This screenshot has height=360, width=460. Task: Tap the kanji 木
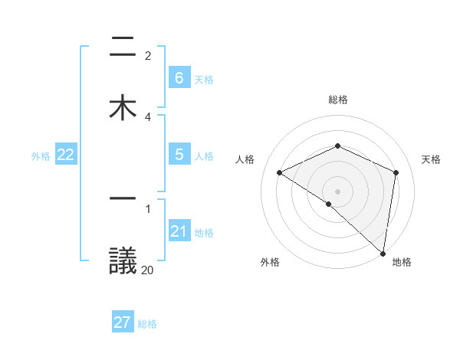pos(123,107)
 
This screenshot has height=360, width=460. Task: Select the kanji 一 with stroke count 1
pos(123,198)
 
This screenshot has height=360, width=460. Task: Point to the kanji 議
pos(123,260)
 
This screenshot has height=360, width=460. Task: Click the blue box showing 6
pos(179,78)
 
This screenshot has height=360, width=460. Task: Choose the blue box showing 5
pos(179,155)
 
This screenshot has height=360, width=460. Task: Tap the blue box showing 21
pos(179,231)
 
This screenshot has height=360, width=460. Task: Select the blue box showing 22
pos(65,155)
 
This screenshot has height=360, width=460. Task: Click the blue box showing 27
pos(123,322)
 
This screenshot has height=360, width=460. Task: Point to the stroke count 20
pos(147,270)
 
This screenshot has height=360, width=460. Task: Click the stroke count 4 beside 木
pos(148,116)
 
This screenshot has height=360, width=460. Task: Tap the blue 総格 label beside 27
pos(147,324)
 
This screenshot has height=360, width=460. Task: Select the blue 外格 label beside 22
pos(41,156)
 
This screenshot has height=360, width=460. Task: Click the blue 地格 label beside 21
pos(204,233)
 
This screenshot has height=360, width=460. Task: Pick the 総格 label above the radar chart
pos(338,100)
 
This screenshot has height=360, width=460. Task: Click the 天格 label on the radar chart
pos(432,159)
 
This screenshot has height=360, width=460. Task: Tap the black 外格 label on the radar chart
pos(269,262)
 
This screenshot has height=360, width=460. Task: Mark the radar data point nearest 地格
pos(383,253)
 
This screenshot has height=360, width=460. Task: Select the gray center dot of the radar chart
pos(338,191)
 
